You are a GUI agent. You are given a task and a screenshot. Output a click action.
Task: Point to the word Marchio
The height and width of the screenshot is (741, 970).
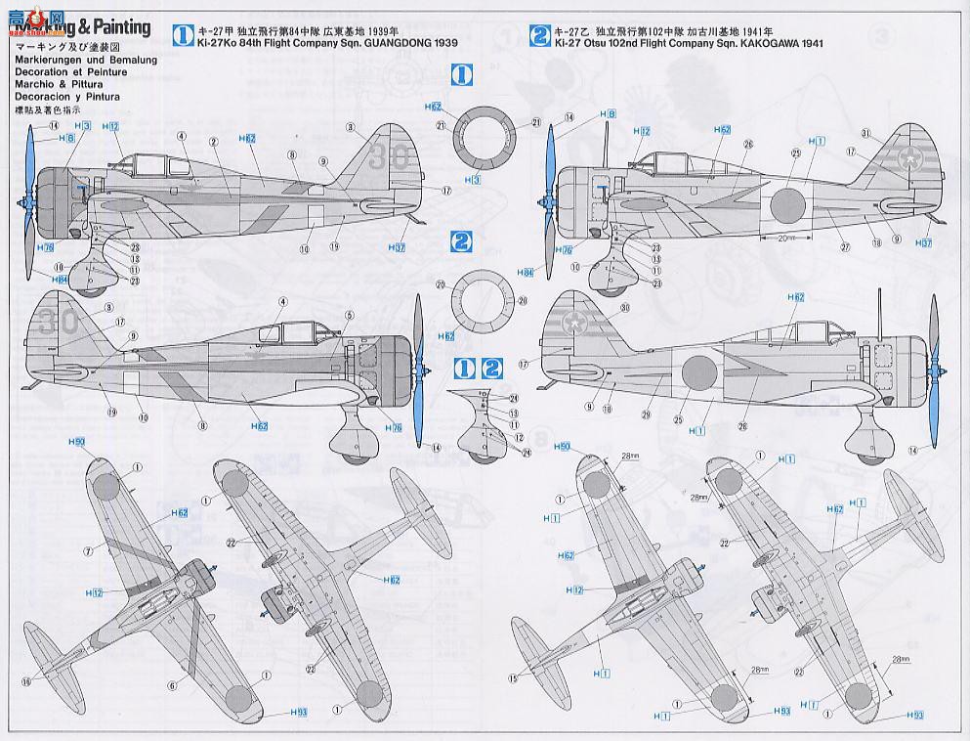coord(30,84)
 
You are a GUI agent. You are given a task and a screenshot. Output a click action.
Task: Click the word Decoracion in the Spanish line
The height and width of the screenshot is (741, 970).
coord(38,97)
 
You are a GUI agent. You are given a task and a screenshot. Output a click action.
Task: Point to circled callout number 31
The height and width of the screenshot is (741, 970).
coord(866,134)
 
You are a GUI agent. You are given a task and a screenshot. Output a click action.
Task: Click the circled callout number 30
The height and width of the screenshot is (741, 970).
coord(624,309)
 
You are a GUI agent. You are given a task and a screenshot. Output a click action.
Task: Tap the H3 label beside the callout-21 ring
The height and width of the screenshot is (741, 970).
coord(473,180)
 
